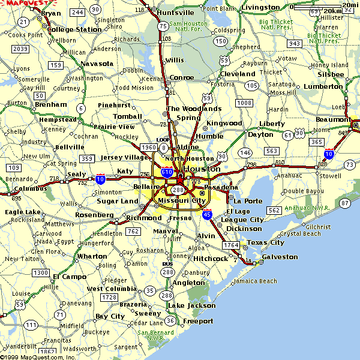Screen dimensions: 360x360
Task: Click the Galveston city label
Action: (280, 257)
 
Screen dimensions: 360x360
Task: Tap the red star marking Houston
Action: (179, 178)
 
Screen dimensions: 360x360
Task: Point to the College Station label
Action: (74, 29)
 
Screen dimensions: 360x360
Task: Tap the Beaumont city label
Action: (334, 119)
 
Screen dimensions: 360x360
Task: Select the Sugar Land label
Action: (118, 201)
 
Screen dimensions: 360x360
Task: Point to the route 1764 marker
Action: (231, 245)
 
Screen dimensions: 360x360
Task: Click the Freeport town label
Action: (198, 321)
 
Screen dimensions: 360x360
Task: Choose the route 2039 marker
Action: (20, 49)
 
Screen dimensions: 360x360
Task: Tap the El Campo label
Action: (70, 277)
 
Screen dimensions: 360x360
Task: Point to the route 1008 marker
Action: (244, 103)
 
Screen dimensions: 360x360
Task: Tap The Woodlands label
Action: (194, 109)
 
